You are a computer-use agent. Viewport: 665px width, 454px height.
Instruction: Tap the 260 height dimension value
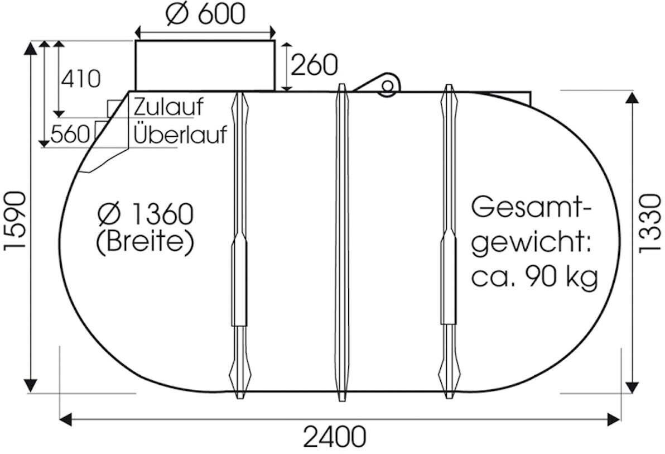pos(314,65)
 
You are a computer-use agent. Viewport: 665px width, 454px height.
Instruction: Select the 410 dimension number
pos(81,79)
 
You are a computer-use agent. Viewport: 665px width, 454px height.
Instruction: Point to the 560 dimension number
pos(69,134)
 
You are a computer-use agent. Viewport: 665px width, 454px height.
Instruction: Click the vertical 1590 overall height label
pos(15,221)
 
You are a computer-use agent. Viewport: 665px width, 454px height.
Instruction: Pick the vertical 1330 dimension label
pos(649,223)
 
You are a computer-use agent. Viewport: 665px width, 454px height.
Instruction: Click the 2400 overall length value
pos(335,437)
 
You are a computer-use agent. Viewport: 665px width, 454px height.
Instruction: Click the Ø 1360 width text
pos(144,213)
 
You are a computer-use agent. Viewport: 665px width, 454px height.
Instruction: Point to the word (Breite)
pos(144,242)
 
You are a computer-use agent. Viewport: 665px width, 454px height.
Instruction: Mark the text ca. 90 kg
pos(535,276)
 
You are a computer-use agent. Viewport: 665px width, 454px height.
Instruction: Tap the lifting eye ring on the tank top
pos(387,85)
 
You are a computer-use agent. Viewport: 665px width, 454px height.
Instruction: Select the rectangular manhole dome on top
pos(205,65)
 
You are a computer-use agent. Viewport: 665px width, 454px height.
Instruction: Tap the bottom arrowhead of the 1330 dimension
pos(632,386)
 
